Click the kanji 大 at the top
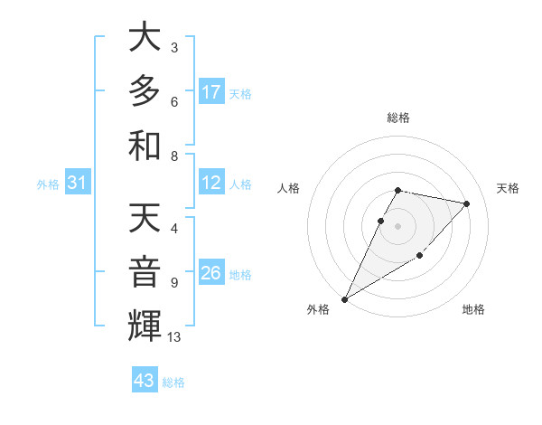point(145,38)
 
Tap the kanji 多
point(145,91)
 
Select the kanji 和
point(145,145)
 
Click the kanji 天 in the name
point(145,219)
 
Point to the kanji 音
point(145,272)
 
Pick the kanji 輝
point(145,326)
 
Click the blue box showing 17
point(211,92)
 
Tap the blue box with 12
point(211,183)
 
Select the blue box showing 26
point(211,272)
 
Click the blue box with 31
point(78,183)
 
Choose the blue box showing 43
point(145,381)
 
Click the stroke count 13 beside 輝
point(174,337)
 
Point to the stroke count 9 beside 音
point(173,282)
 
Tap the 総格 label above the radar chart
point(398,118)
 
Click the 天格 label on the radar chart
point(508,188)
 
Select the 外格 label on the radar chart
point(317,309)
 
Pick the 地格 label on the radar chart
point(473,309)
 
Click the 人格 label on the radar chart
point(289,188)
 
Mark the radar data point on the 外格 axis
point(344,298)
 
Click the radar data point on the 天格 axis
point(467,203)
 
